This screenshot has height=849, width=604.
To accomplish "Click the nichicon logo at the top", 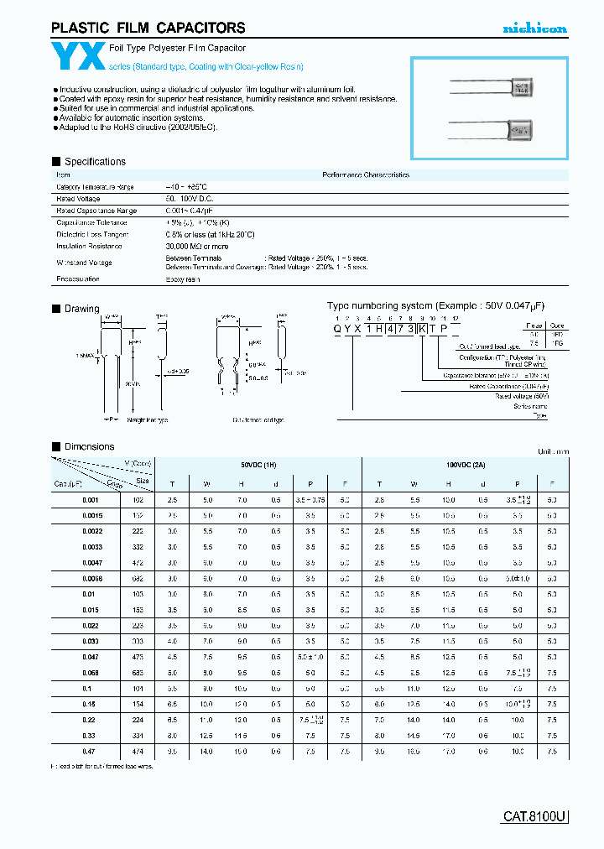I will point(534,29).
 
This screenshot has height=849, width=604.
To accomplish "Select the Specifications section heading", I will point(95,161).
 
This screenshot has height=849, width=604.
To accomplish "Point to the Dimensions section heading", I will point(89,446).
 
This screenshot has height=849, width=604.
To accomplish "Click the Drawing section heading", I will point(81,309).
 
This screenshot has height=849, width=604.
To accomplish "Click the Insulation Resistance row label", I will point(89,247).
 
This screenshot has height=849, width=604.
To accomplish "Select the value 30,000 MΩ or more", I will point(196,247).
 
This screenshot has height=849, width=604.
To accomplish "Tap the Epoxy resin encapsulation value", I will point(183,279).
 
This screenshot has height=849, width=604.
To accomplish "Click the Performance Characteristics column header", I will point(366,175).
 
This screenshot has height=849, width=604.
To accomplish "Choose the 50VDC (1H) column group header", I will point(258,464).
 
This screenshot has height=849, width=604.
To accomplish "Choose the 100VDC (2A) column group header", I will point(464,464).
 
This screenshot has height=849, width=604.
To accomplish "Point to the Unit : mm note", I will point(552,451).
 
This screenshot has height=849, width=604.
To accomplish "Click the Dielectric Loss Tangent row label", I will point(91,235).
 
